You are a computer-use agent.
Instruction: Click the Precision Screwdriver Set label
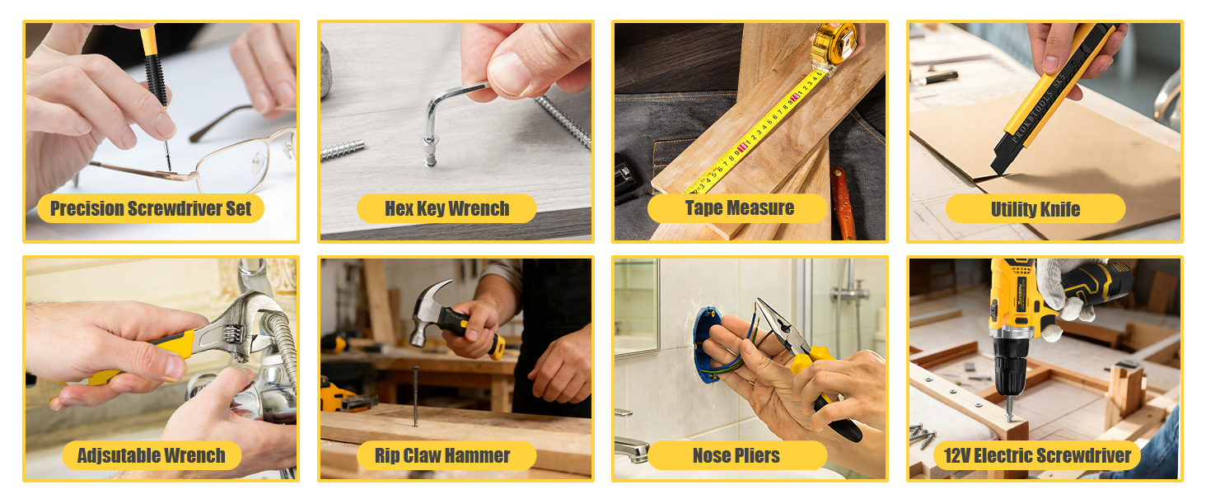(151, 208)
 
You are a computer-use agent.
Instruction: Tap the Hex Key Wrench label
(446, 208)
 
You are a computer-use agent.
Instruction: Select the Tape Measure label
(739, 208)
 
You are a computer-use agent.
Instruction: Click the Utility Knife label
(1035, 209)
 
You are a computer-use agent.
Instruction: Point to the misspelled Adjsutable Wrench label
(151, 455)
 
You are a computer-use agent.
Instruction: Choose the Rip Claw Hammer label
(442, 455)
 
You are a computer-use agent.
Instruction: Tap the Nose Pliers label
(736, 455)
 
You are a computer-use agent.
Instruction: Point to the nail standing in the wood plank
(415, 395)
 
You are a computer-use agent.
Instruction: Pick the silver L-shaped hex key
(449, 103)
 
